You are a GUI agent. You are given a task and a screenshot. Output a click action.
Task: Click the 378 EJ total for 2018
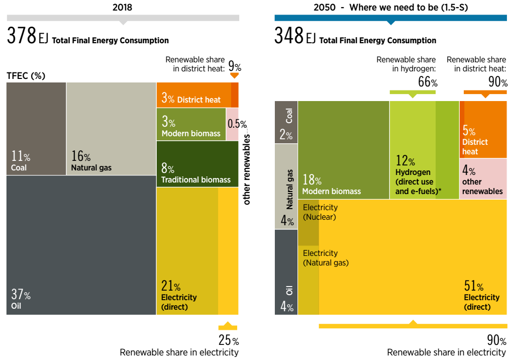[27, 37]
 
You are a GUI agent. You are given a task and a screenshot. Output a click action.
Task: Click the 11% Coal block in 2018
[36, 129]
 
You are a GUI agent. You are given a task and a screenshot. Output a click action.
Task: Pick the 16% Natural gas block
[111, 129]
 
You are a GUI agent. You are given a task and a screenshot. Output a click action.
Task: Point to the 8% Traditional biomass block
[197, 164]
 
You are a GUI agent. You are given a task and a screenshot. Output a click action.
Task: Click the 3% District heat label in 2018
[191, 98]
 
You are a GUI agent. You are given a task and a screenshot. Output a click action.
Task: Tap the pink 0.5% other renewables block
[232, 124]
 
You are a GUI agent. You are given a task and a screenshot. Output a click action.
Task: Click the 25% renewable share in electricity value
[228, 340]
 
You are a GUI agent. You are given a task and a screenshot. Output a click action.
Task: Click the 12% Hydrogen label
[415, 175]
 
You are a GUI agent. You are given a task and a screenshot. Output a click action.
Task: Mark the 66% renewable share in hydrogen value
[428, 82]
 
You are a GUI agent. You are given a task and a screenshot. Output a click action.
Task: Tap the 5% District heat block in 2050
[483, 130]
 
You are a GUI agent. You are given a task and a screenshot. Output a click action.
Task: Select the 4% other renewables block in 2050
[483, 178]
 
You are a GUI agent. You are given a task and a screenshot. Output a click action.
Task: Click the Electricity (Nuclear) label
[320, 212]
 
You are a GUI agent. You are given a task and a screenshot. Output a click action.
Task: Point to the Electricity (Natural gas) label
[326, 258]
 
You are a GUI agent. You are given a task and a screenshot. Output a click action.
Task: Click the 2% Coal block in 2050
[286, 122]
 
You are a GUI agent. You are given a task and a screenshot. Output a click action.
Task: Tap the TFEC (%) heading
[26, 76]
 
